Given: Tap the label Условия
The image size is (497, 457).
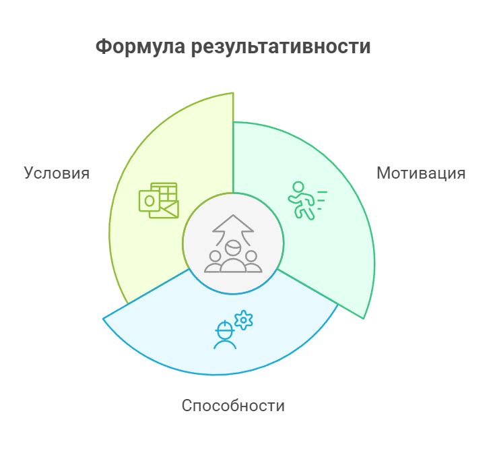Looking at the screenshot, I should coord(57,173).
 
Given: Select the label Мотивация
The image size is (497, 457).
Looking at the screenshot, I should coord(421,173).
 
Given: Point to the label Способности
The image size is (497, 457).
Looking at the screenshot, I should coord(234,406).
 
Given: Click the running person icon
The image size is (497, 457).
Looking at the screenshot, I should coord(301,201).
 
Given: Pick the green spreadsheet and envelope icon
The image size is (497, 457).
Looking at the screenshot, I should coord(158,200).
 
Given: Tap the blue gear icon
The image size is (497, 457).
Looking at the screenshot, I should coord(243,319).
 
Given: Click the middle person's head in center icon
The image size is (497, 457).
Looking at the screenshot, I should coord(233,248).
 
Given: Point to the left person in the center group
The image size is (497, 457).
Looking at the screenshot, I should coord(215,262).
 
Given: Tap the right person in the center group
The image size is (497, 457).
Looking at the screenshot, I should coord(252,262).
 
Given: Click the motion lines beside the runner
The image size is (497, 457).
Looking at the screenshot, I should coord(322,200).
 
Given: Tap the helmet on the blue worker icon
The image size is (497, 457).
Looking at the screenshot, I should coord(225,329).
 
